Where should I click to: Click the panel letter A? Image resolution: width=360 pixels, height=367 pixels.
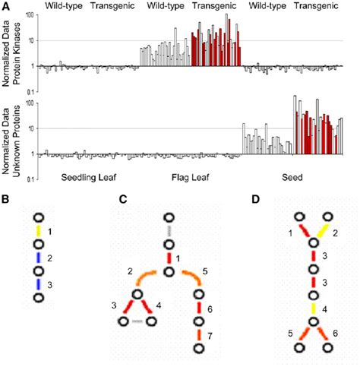coord(6,6)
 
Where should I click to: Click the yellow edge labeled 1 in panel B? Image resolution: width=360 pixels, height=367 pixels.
coord(34,230)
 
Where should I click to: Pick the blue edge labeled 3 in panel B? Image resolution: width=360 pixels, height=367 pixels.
coord(34,284)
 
